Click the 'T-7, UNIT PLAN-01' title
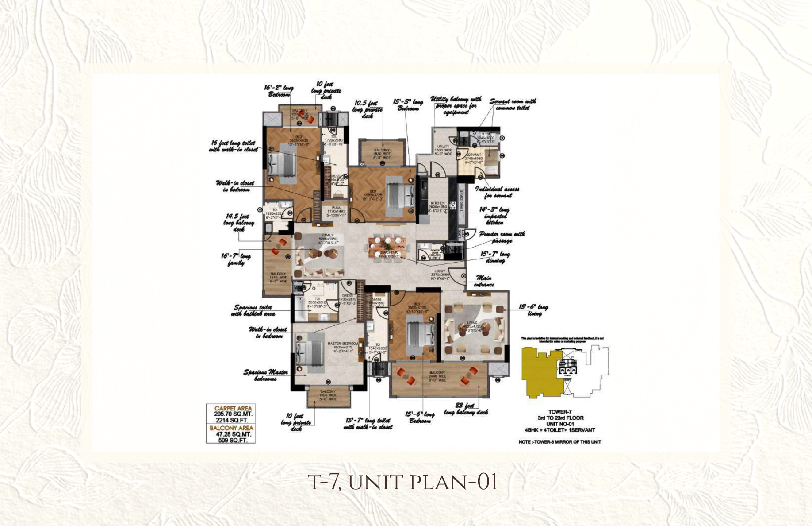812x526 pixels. click(402, 482)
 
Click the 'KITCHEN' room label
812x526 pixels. click(437, 203)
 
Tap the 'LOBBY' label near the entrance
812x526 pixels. click(440, 271)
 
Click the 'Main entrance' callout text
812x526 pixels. click(484, 281)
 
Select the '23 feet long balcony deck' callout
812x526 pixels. click(466, 409)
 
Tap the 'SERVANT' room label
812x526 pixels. click(473, 155)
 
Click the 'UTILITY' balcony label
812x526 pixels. click(443, 147)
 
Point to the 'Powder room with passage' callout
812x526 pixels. click(502, 237)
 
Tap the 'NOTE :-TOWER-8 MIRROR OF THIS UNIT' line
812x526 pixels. click(559, 442)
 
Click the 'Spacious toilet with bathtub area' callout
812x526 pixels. click(253, 310)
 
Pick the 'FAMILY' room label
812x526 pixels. click(328, 235)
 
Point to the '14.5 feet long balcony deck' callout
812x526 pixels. click(239, 223)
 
